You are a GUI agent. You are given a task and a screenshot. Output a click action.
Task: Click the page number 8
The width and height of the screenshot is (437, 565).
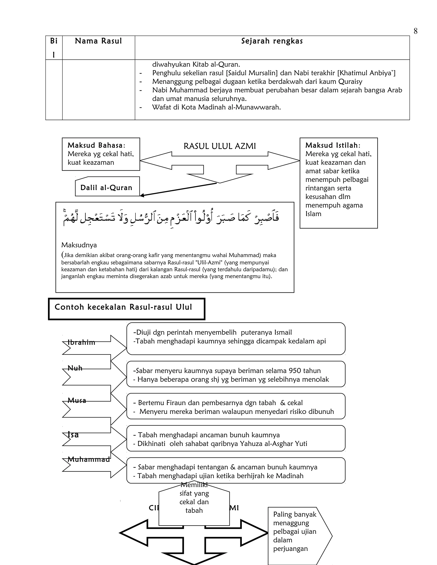pos(415,31)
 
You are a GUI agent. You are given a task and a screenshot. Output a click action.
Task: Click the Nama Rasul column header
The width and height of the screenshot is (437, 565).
pos(98,41)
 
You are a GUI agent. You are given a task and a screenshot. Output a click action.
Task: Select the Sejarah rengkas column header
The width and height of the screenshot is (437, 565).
pos(272,41)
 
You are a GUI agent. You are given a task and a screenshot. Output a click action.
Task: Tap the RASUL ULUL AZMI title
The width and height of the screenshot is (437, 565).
pos(220,146)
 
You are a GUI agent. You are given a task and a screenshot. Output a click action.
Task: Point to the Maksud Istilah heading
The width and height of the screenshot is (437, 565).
pos(332,145)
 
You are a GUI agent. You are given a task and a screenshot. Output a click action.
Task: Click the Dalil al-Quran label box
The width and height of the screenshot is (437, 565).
pos(106,188)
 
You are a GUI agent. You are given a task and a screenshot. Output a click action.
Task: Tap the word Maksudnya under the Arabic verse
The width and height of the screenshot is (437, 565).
pos(79,245)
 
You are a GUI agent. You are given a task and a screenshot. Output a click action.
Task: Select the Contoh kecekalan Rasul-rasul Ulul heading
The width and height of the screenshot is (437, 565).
pos(123,307)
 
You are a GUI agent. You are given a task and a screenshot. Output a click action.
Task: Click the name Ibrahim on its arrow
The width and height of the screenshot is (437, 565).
pos(81,342)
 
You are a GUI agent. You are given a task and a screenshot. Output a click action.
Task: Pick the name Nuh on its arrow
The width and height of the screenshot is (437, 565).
pos(75,368)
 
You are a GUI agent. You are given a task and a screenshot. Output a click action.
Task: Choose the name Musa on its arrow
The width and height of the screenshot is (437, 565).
pos(77,400)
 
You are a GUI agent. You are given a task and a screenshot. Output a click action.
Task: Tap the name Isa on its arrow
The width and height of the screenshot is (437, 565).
pos(73,434)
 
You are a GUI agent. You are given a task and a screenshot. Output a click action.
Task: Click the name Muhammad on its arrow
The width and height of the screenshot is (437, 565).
pos(89,459)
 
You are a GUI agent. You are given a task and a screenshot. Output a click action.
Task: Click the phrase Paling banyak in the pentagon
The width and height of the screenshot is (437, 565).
pos(295,514)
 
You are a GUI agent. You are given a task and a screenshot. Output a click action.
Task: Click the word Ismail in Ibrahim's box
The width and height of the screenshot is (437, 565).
pos(282,332)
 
